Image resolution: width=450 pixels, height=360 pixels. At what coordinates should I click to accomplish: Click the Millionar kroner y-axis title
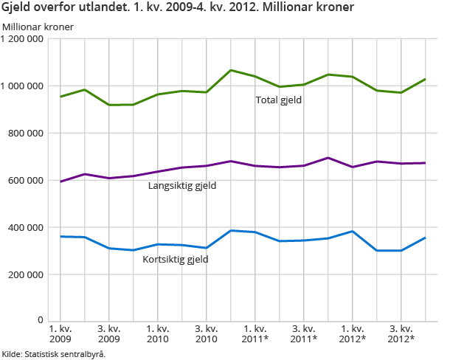(43, 27)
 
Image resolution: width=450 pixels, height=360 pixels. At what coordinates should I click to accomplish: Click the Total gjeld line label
(279, 100)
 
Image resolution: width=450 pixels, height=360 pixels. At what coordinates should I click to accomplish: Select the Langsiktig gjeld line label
(182, 185)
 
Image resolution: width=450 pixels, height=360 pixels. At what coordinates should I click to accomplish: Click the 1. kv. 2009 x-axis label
(60, 333)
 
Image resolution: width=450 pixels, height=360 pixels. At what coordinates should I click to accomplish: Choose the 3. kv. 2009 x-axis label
(109, 333)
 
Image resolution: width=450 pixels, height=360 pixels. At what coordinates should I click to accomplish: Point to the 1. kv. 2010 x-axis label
(158, 333)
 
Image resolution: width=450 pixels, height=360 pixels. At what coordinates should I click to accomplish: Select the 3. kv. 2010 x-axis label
(207, 333)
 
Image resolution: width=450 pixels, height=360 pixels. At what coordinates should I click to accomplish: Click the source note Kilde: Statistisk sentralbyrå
(54, 353)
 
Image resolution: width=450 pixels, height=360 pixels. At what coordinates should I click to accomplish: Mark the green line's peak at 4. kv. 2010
(231, 70)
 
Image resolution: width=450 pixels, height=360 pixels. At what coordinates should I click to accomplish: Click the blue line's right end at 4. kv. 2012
(426, 238)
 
